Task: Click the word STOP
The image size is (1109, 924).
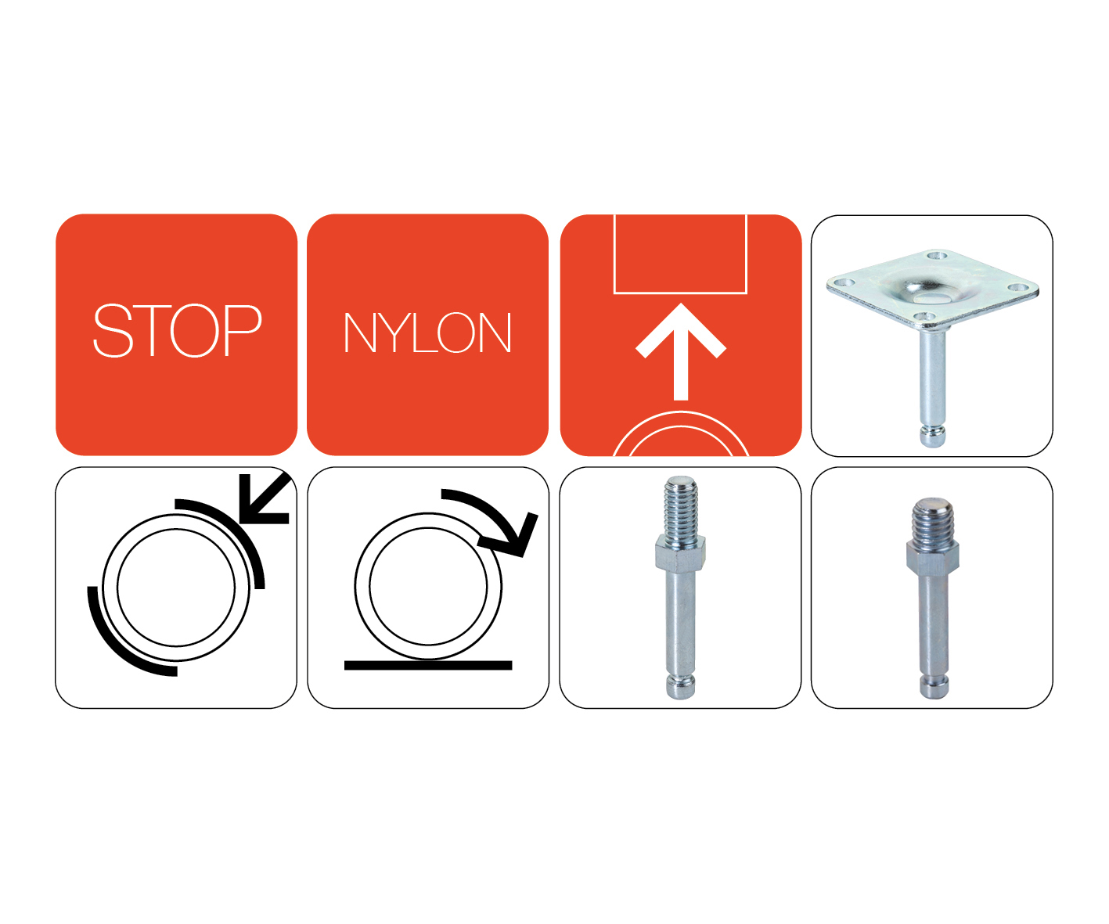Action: click(x=178, y=329)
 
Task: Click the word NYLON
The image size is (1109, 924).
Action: click(x=427, y=333)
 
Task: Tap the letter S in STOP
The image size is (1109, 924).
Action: click(x=113, y=329)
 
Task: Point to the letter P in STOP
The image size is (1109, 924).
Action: click(x=243, y=329)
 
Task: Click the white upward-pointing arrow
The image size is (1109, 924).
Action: click(x=680, y=351)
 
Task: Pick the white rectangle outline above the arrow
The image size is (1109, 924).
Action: click(x=680, y=293)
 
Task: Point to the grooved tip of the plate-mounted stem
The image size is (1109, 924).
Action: click(x=933, y=436)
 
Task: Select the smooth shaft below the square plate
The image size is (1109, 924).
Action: click(x=932, y=377)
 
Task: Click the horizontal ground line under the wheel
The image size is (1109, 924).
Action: click(x=428, y=665)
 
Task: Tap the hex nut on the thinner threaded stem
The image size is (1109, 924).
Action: click(x=680, y=554)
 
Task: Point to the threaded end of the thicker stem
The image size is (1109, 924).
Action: click(x=933, y=521)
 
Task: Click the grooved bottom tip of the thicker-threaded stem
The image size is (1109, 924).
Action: click(x=934, y=687)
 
